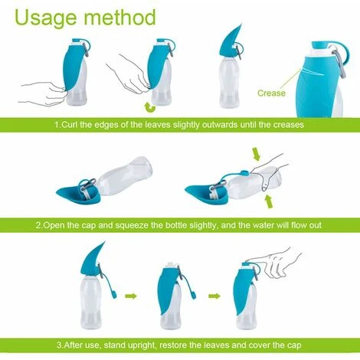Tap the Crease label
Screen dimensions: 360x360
tap(270, 93)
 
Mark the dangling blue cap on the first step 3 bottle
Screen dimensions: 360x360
tap(113, 296)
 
